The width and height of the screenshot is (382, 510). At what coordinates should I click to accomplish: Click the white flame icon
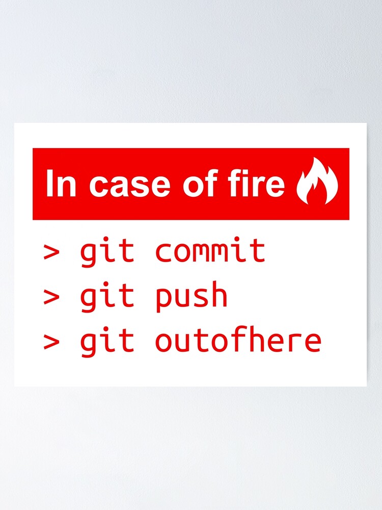[x=317, y=182]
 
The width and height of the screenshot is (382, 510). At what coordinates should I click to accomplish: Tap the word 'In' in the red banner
[x=61, y=184]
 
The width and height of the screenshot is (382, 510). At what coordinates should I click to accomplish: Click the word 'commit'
[x=210, y=250]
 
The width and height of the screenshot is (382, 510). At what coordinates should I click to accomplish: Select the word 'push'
[x=192, y=296]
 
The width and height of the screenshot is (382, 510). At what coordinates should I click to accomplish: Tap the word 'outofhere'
[x=238, y=341]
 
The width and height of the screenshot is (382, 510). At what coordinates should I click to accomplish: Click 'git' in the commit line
[x=107, y=251]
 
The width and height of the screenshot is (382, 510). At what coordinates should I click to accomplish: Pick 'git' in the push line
[x=107, y=296]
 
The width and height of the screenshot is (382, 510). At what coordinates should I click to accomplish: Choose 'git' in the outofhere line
[x=107, y=341]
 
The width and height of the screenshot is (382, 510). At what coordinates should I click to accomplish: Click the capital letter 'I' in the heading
[x=49, y=184]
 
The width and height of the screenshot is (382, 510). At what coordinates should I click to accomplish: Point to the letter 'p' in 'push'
[x=163, y=298]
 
